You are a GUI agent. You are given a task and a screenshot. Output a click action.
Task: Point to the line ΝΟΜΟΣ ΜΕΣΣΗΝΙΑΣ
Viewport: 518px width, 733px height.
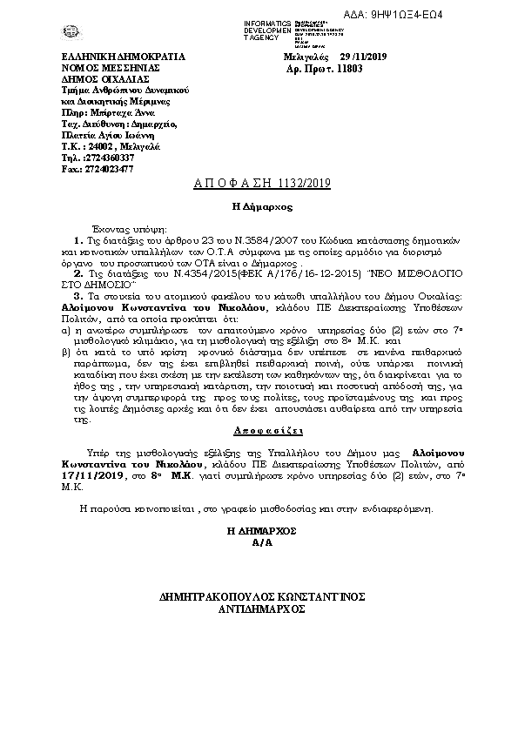click(104, 67)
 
